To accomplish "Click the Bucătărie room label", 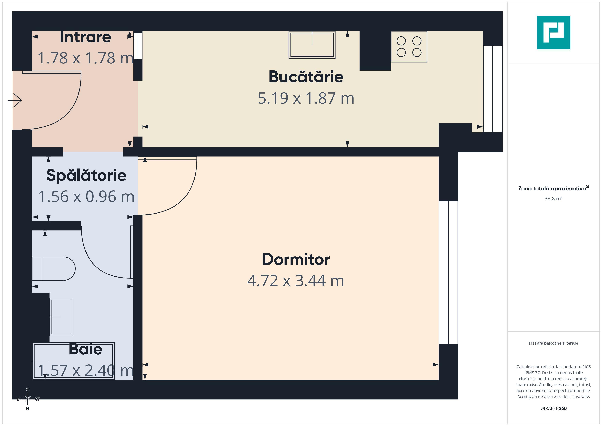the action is point(306,77).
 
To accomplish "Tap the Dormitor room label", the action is point(296,259).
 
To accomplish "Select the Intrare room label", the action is point(85,37).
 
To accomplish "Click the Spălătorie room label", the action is point(86,175).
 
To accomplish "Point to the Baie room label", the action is point(85,349).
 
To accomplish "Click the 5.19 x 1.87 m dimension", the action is point(306,98).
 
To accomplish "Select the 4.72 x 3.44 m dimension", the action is point(296,281).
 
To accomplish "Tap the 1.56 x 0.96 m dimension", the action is point(86,196).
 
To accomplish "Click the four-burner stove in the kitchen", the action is point(409,47).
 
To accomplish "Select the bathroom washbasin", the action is point(61,317).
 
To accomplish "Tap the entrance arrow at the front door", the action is point(15,100).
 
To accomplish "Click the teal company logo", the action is point(554,33).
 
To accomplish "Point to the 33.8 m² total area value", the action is point(554,198).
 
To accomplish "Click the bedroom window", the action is point(448,273).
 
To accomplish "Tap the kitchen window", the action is point(493,89).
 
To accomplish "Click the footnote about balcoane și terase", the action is point(554,343).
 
